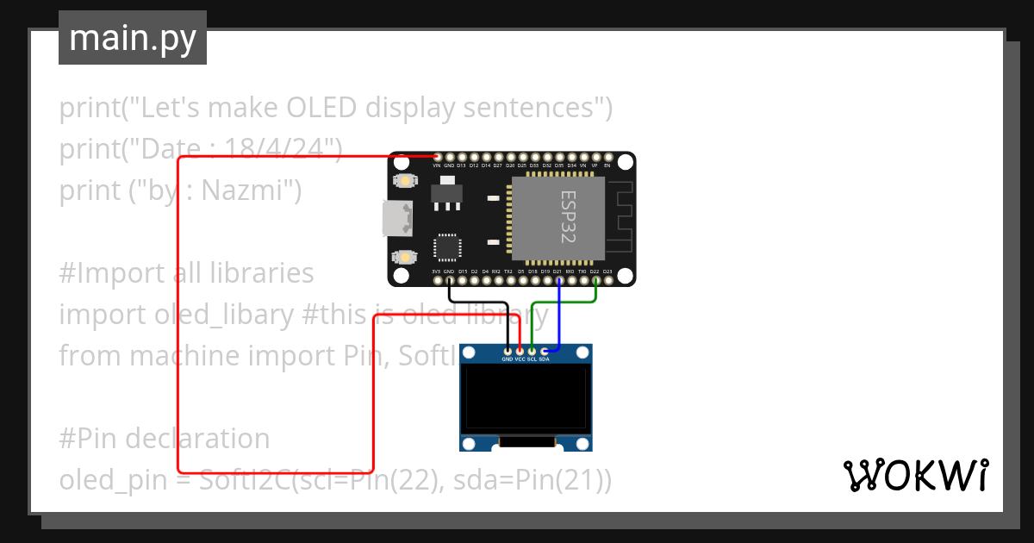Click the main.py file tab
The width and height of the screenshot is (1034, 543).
(132, 38)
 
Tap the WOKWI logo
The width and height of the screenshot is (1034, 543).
(915, 476)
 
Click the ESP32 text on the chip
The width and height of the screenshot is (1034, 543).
(566, 217)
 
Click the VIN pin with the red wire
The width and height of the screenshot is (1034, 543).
(437, 157)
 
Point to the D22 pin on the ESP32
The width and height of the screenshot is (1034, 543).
(595, 280)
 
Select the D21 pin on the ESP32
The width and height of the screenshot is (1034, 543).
(558, 280)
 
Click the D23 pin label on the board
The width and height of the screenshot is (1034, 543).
(607, 271)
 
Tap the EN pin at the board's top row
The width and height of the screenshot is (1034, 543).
(607, 157)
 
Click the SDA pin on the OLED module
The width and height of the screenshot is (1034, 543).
(544, 351)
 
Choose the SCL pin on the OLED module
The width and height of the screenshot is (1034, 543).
(532, 351)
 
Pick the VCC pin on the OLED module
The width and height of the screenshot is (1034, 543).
(520, 351)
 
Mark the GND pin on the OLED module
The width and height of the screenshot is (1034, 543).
(508, 351)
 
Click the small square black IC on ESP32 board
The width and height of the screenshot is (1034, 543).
(447, 247)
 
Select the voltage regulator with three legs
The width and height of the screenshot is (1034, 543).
(445, 193)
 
